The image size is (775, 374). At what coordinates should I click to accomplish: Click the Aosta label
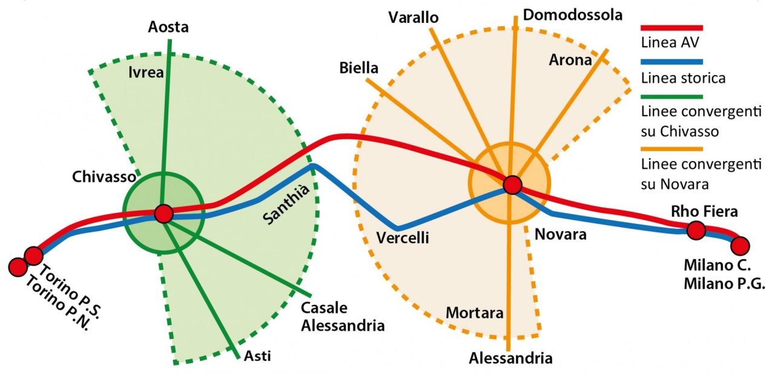[168, 27]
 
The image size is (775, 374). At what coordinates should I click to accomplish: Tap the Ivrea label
[146, 73]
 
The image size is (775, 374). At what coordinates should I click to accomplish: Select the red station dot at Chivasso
[163, 214]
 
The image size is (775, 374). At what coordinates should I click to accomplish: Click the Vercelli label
[403, 238]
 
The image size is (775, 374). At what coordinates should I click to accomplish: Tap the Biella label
[359, 67]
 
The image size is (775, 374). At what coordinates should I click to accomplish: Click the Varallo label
[414, 17]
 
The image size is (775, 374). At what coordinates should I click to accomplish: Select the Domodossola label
[573, 15]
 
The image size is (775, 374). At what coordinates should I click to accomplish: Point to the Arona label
[570, 60]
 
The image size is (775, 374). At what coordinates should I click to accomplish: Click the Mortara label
[475, 313]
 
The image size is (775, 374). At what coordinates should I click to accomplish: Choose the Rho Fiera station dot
[696, 229]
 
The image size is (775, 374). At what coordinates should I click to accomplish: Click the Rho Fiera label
[704, 211]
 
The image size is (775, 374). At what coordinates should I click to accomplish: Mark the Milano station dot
[740, 246]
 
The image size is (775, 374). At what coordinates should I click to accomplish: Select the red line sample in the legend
[671, 28]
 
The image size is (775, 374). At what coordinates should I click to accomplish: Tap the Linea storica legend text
[683, 78]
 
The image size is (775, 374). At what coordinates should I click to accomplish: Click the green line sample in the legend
[671, 97]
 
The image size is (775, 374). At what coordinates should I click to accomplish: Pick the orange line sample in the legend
[671, 148]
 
